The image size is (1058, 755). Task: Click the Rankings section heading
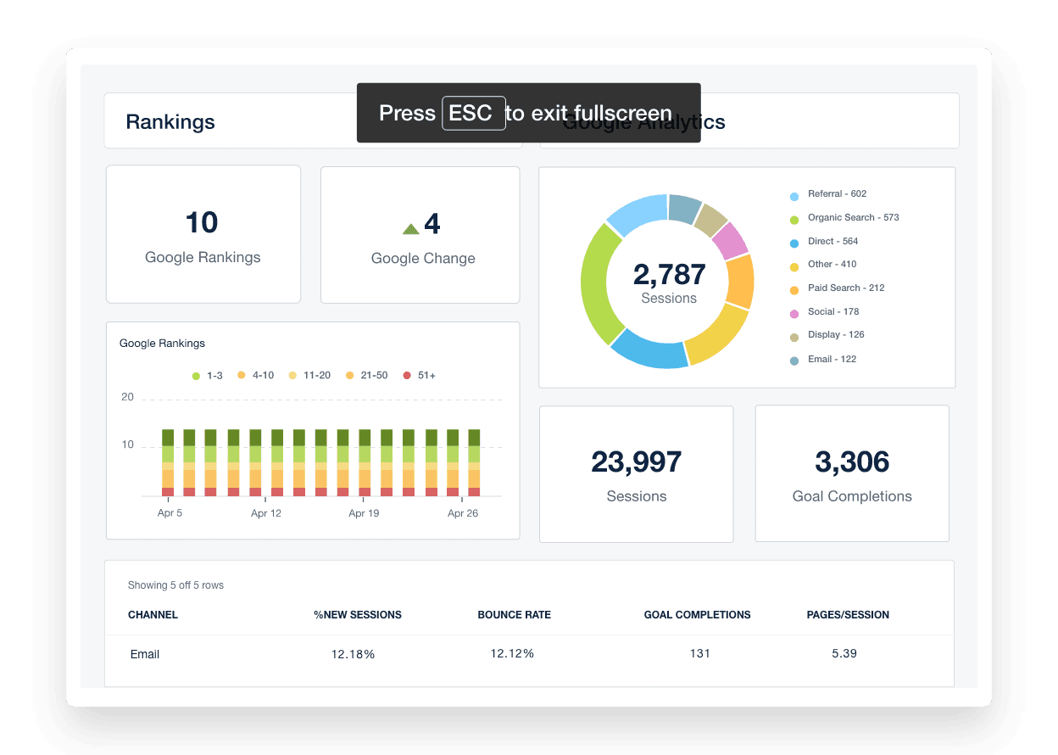click(x=170, y=122)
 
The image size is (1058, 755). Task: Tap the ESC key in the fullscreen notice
click(x=473, y=114)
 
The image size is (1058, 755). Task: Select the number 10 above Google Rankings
click(x=202, y=223)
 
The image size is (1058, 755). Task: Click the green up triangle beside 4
click(x=411, y=227)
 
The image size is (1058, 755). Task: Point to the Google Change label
click(x=423, y=259)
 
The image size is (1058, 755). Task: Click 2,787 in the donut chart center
click(x=669, y=275)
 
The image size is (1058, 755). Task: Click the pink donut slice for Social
click(x=730, y=241)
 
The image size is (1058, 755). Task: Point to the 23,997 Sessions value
click(x=636, y=462)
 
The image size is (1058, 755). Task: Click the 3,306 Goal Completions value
click(x=852, y=462)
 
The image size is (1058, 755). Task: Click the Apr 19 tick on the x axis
click(x=364, y=513)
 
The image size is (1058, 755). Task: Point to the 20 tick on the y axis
click(x=127, y=397)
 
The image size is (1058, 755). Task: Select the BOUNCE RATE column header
click(x=514, y=615)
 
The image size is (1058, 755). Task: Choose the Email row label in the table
click(x=145, y=655)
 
